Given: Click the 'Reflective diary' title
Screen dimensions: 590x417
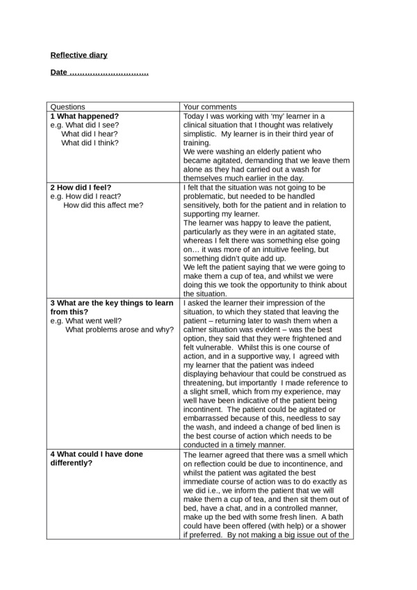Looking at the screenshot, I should pyautogui.click(x=79, y=55).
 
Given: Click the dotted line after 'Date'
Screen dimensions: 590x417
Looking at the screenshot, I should pyautogui.click(x=109, y=72).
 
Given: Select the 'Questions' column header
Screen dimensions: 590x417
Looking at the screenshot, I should pyautogui.click(x=68, y=107).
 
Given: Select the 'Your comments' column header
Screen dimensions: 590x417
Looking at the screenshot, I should pyautogui.click(x=210, y=107).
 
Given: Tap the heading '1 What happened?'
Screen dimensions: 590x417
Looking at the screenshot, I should pyautogui.click(x=84, y=116).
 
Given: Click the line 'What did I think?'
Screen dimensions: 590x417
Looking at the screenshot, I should pyautogui.click(x=90, y=142).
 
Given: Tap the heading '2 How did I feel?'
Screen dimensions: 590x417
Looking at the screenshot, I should pyautogui.click(x=85, y=187).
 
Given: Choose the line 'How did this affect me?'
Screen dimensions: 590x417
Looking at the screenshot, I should pyautogui.click(x=103, y=205).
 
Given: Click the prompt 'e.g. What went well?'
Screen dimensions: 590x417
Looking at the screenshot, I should pyautogui.click(x=85, y=321).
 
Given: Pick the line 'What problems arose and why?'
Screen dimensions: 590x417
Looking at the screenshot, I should pyautogui.click(x=120, y=329).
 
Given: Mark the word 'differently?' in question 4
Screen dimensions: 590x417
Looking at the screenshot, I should pyautogui.click(x=71, y=463).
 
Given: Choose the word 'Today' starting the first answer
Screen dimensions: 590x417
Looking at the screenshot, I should pyautogui.click(x=194, y=116).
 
